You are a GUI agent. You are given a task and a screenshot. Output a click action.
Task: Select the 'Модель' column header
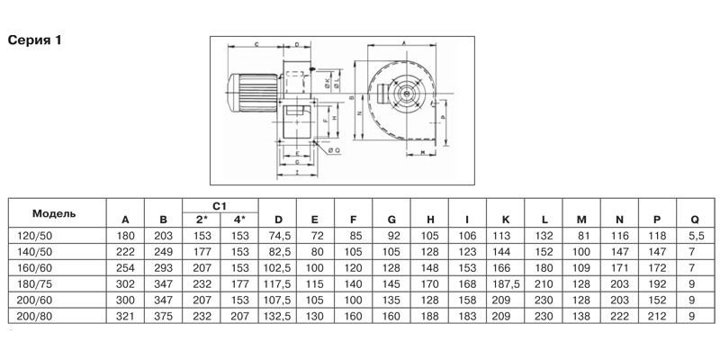(54, 213)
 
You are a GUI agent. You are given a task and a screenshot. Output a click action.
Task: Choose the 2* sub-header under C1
(202, 220)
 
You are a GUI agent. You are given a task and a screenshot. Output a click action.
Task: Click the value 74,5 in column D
(278, 234)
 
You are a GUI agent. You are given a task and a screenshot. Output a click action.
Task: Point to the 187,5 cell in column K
(506, 283)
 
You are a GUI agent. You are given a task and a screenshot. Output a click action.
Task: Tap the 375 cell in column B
(163, 316)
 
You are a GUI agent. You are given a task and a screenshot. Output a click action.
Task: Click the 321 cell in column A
(125, 316)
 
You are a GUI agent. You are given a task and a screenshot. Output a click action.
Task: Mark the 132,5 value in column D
(278, 316)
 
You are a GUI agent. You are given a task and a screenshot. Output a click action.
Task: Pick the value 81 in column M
(581, 234)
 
